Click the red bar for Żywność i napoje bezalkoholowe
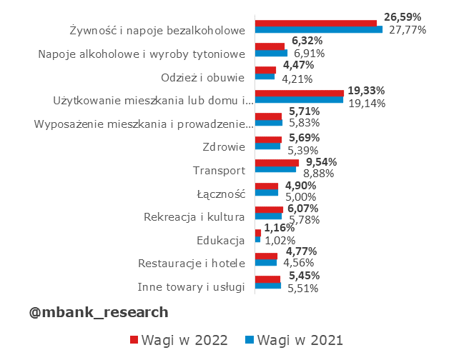(x=315, y=24)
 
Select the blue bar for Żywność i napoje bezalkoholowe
(x=318, y=30)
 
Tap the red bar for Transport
(x=277, y=163)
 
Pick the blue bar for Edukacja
(x=257, y=239)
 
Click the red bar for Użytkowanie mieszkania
(x=299, y=93)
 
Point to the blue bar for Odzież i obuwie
(x=265, y=76)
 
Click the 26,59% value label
(x=403, y=16)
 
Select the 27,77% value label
(x=408, y=30)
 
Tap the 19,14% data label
(x=366, y=103)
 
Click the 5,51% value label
(x=302, y=288)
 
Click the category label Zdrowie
(x=225, y=147)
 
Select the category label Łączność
(x=221, y=194)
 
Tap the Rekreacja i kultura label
(x=194, y=216)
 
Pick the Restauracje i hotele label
(x=192, y=263)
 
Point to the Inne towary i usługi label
(x=192, y=286)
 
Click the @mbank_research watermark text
(x=99, y=312)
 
